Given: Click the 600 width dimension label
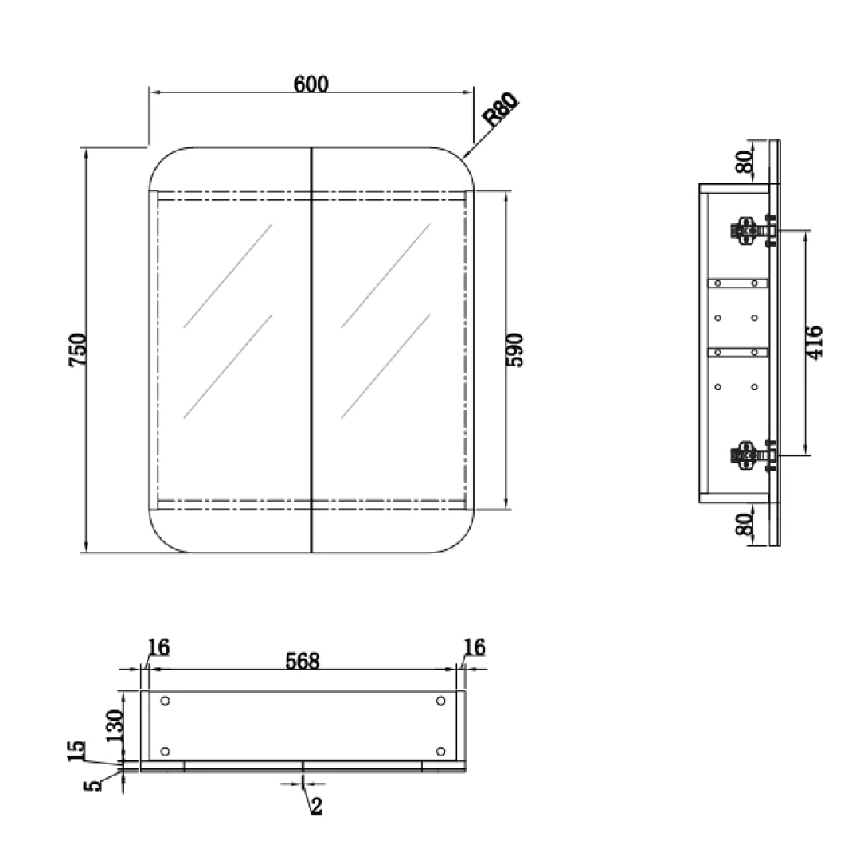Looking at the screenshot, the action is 311,84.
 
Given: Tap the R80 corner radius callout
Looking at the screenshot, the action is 499,109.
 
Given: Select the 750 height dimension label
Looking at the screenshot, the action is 77,350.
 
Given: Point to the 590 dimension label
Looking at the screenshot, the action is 514,350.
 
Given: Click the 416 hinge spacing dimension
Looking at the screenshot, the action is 815,342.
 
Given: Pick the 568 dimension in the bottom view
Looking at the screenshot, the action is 303,661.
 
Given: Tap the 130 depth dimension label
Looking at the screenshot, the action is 115,725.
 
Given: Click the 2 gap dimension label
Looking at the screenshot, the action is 316,806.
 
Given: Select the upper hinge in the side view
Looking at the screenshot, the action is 752,230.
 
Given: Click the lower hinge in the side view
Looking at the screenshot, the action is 752,455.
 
